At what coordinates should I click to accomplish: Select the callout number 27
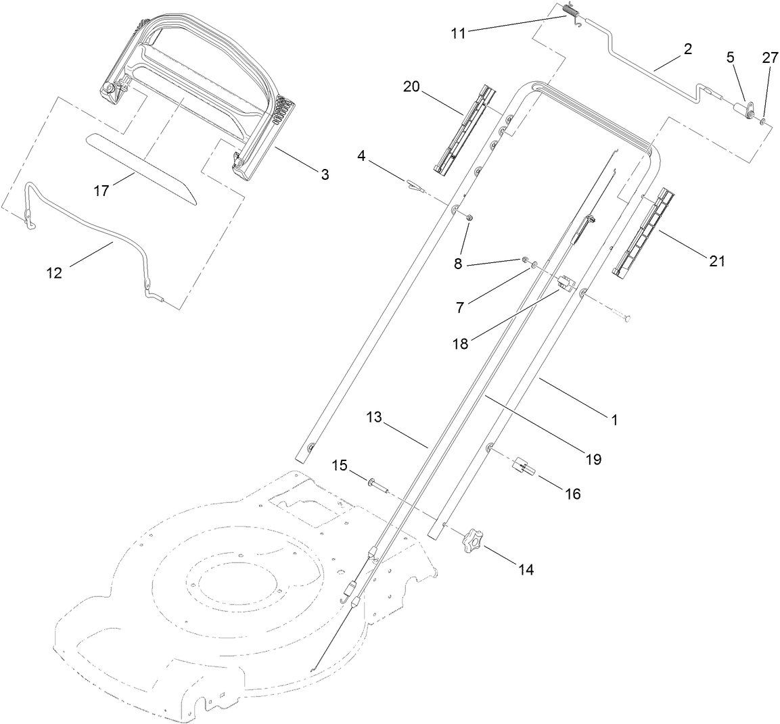[771, 57]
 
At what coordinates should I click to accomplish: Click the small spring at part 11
[571, 12]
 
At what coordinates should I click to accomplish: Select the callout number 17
[101, 191]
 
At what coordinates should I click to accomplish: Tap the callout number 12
[54, 273]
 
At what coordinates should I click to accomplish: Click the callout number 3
[325, 174]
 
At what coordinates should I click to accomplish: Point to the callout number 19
[593, 460]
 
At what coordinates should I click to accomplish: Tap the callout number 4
[361, 156]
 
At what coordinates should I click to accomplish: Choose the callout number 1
[614, 419]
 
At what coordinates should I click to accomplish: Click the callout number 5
[730, 57]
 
